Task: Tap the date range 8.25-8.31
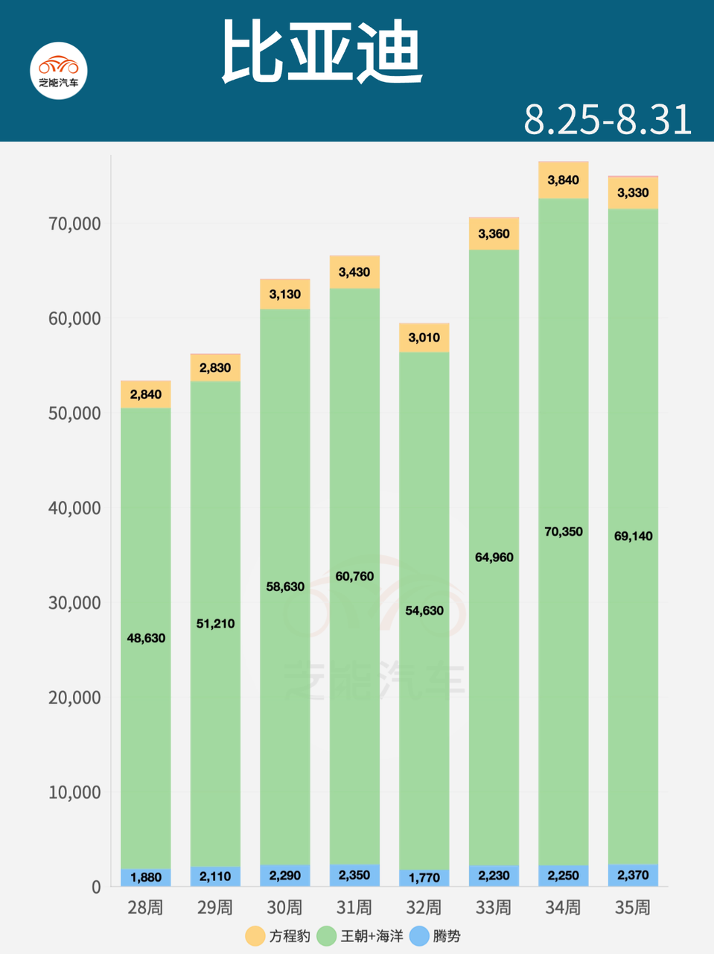coord(608,119)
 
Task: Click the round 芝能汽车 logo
coord(59,71)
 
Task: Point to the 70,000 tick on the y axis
coord(74,224)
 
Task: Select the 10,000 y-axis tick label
coord(74,792)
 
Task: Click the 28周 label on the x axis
coord(146,907)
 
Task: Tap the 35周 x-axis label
coord(633,907)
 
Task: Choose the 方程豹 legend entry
coord(278,936)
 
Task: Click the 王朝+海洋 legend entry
coord(360,936)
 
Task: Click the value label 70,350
coord(564,531)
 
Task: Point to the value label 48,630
coord(146,638)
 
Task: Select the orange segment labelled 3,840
coord(564,180)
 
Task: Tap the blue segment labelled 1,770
coord(424,878)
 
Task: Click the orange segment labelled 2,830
coord(215,367)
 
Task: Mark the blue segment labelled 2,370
coord(633,876)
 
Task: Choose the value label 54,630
coord(424,610)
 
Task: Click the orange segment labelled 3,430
coord(354,272)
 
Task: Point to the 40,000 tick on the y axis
coord(74,508)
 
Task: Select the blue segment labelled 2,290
coord(285,876)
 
